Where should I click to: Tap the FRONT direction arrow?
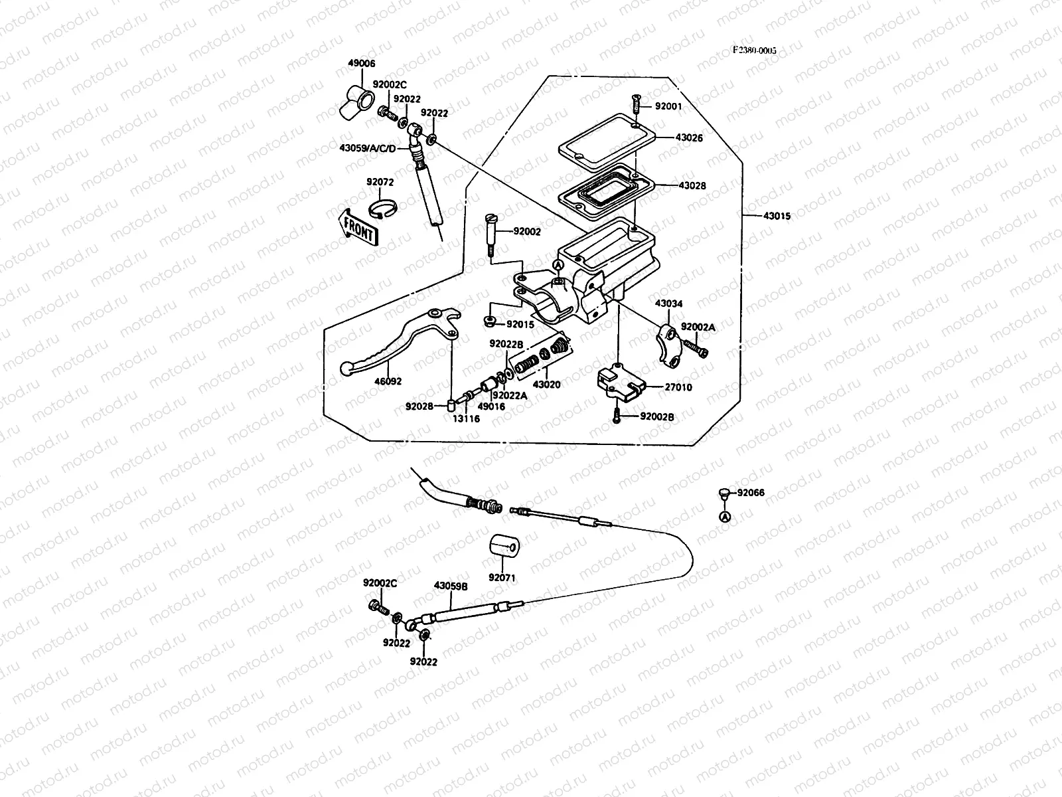[x=358, y=228]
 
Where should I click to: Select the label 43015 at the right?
[x=777, y=216]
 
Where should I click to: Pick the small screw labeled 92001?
[x=635, y=104]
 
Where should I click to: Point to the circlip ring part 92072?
[x=383, y=209]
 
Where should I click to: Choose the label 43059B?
[x=451, y=586]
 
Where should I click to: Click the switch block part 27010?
[x=620, y=385]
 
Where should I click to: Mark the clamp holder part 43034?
[x=668, y=341]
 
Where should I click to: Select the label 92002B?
[x=657, y=417]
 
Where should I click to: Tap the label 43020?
[x=547, y=385]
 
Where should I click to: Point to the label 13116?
[x=467, y=418]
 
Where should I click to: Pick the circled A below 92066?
[x=725, y=516]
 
